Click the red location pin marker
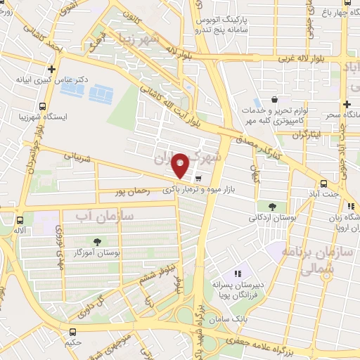pyautogui.click(x=181, y=165)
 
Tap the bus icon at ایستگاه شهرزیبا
pyautogui.click(x=44, y=107)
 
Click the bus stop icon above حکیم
pyautogui.click(x=72, y=331)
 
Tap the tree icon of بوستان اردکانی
pyautogui.click(x=271, y=206)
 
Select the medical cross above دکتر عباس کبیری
pyautogui.click(x=51, y=70)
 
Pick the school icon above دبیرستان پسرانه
pyautogui.click(x=237, y=273)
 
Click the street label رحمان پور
pyautogui.click(x=131, y=191)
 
